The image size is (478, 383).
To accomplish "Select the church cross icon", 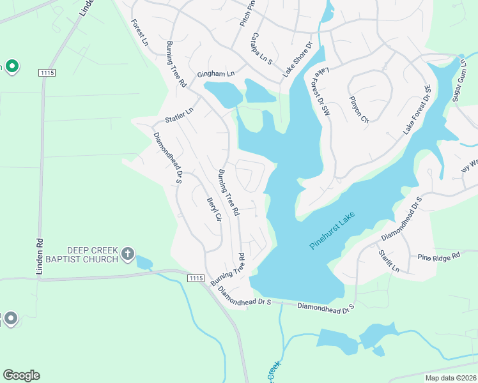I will point(128,255).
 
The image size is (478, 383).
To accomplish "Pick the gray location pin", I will point(10,318).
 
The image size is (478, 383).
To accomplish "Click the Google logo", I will point(21,375).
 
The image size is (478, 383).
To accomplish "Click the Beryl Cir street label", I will point(213,209).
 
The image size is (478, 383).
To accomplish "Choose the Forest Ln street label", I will point(140,32).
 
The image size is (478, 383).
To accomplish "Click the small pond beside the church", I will point(144,262).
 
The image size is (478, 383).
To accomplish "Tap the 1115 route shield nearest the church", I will point(196,278).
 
